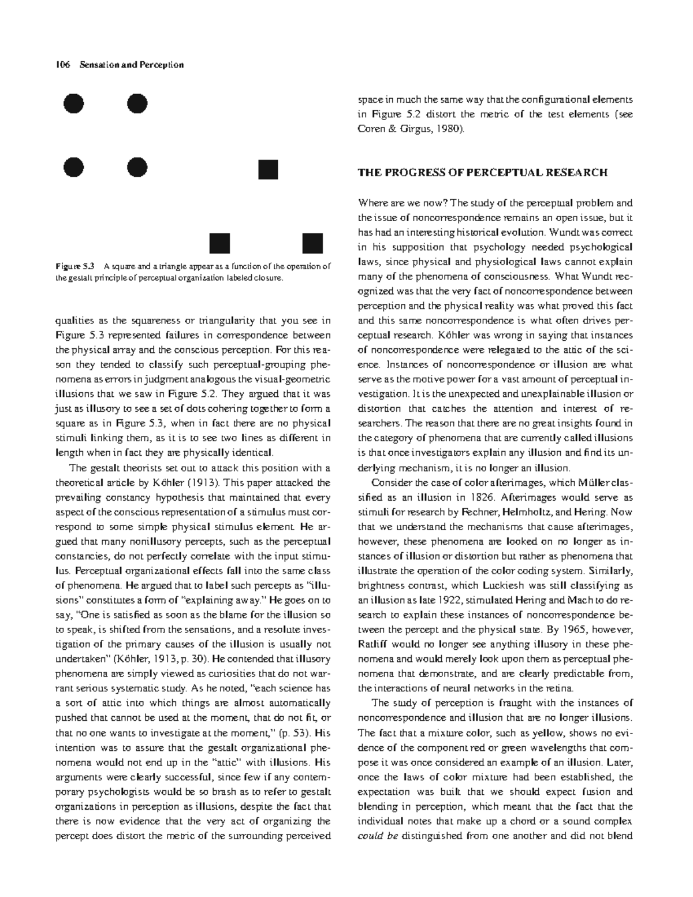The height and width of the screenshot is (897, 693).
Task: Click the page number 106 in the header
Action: (x=61, y=65)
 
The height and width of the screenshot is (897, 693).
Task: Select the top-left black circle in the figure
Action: (x=73, y=104)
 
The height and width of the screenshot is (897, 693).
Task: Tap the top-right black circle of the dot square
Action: (x=137, y=104)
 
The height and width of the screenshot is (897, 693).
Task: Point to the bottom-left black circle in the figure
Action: (x=73, y=168)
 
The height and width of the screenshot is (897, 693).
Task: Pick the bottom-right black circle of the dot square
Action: (x=137, y=168)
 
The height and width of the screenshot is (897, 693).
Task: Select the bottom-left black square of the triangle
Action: (x=219, y=243)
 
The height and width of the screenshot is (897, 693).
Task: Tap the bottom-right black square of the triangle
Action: (x=312, y=243)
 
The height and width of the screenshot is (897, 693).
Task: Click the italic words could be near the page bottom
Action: (x=378, y=836)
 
